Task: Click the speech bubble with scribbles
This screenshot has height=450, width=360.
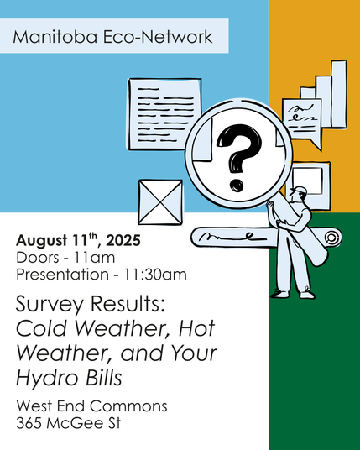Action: (301, 118)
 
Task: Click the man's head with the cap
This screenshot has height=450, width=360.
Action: (300, 194)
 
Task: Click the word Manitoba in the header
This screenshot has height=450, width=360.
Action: (52, 38)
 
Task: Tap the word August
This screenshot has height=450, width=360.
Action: (42, 241)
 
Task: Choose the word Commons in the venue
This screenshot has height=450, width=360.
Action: (134, 406)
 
